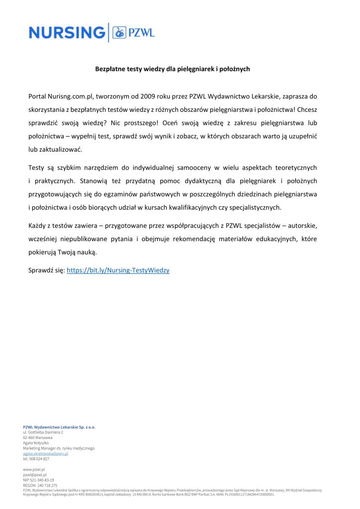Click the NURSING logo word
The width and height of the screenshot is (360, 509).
(x=67, y=33)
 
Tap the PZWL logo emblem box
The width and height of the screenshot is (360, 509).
(x=119, y=33)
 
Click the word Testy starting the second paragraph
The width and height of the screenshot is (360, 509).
(x=37, y=168)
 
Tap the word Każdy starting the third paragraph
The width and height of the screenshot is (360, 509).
(x=38, y=226)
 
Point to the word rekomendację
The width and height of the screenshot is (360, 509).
(x=193, y=239)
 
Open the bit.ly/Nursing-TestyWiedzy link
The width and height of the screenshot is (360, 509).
(x=118, y=270)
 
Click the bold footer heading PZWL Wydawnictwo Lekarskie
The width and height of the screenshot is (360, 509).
(x=59, y=427)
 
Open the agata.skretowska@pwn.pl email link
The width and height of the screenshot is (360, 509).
(x=45, y=453)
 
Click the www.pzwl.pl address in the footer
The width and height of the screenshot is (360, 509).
(x=34, y=469)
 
